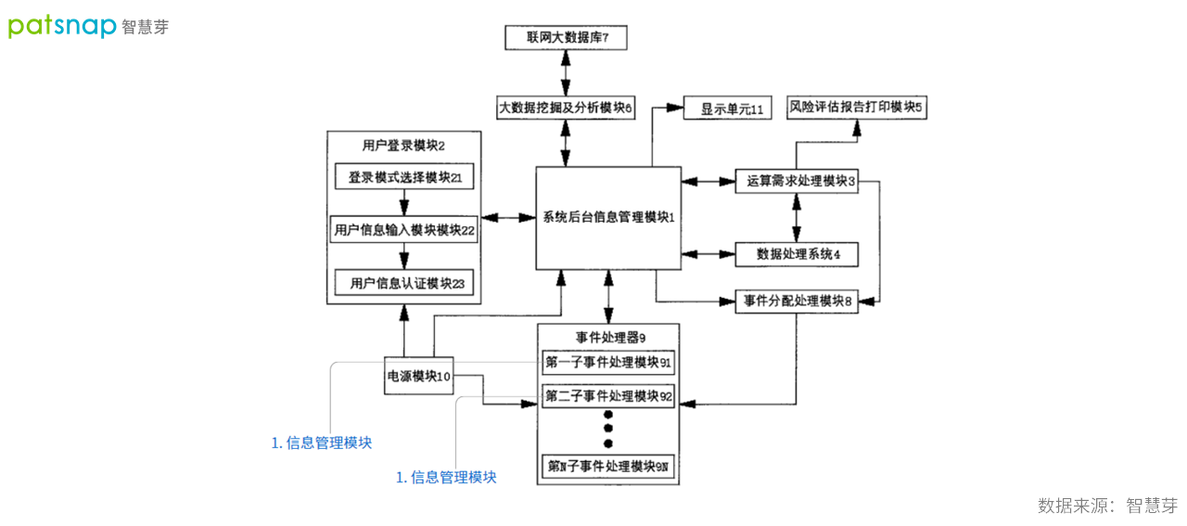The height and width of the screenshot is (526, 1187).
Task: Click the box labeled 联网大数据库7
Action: click(565, 38)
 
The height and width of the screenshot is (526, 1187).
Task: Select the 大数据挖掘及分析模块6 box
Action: click(565, 108)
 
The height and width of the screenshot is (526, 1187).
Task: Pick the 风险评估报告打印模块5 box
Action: click(856, 107)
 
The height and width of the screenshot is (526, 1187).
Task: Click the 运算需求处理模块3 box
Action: click(797, 182)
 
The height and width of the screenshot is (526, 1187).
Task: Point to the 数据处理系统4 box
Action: click(797, 253)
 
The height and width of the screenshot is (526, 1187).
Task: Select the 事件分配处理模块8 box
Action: click(797, 301)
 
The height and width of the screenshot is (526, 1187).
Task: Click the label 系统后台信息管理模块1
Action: click(608, 217)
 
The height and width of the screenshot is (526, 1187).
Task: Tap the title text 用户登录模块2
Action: click(404, 146)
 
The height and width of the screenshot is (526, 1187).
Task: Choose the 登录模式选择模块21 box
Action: click(404, 177)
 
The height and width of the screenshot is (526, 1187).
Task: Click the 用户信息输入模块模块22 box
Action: click(403, 230)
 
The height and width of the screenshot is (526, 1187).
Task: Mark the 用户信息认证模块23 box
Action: click(403, 283)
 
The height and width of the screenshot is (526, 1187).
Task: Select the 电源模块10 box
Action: click(418, 376)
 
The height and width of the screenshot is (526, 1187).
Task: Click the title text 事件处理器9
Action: click(608, 337)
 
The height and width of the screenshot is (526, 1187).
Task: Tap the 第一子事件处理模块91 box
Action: click(608, 362)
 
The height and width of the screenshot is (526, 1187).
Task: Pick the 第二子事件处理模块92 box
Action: click(608, 396)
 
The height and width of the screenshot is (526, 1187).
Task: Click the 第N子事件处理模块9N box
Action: click(608, 466)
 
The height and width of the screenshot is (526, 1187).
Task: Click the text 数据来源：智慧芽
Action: click(1107, 506)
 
